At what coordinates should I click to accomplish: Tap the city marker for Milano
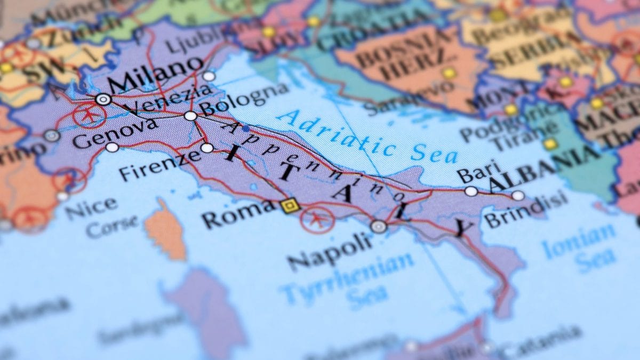tap(103, 99)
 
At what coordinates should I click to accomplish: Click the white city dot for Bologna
tap(190, 116)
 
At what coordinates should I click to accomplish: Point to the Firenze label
tap(159, 165)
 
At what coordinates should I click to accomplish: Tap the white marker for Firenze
tap(207, 148)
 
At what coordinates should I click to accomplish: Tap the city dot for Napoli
tap(378, 227)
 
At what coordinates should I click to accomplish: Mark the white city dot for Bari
tap(470, 191)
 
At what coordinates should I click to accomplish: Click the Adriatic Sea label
tap(367, 137)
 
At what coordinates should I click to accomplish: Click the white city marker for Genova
tap(112, 147)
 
